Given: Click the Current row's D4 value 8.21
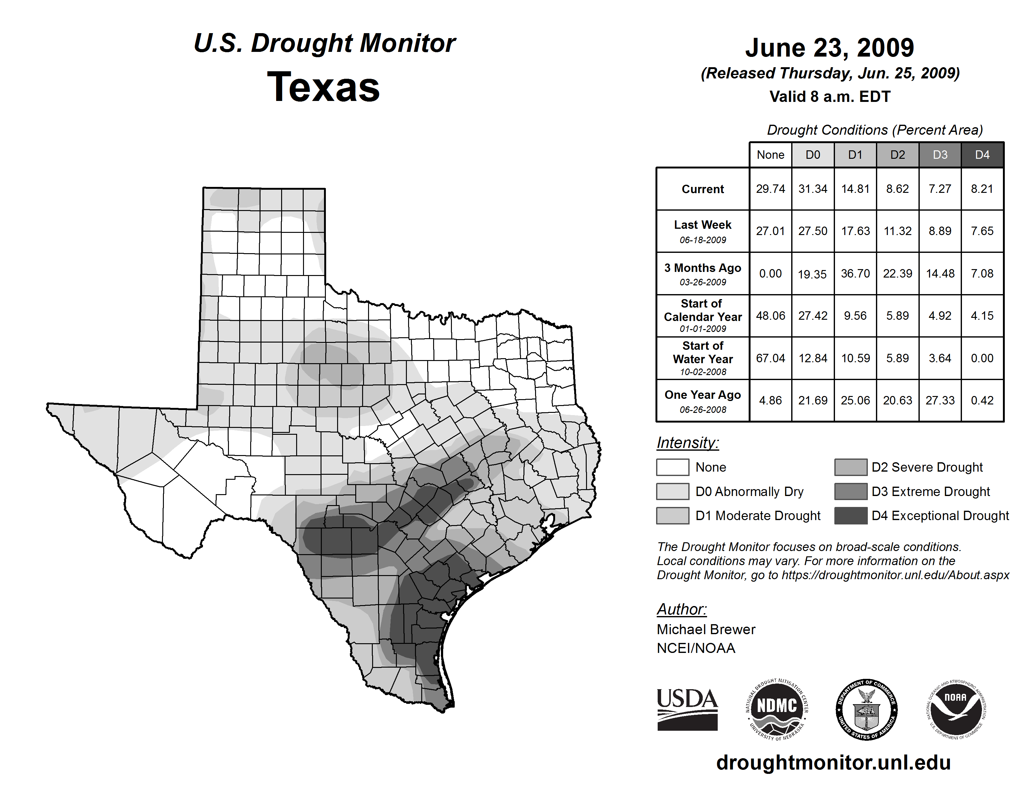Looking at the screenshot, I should (x=982, y=189).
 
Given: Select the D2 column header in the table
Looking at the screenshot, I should (x=897, y=155).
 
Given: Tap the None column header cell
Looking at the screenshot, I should (x=770, y=155).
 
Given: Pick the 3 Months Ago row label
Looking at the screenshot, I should (x=703, y=274).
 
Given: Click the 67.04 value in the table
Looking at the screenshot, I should (x=770, y=358).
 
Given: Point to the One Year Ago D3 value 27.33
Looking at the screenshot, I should (x=940, y=400).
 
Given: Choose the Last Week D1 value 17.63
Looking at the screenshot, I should (x=855, y=231).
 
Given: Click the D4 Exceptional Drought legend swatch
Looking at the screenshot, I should (x=851, y=516).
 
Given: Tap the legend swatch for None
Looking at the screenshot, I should (x=672, y=467).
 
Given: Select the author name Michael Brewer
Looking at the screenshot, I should (x=706, y=629).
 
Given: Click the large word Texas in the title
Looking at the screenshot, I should (x=323, y=87).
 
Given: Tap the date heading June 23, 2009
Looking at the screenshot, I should (x=830, y=48).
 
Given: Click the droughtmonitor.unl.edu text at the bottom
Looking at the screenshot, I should (x=833, y=763).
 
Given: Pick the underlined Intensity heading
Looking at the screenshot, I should (x=687, y=443).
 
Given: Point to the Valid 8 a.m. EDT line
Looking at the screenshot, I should (x=830, y=97).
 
